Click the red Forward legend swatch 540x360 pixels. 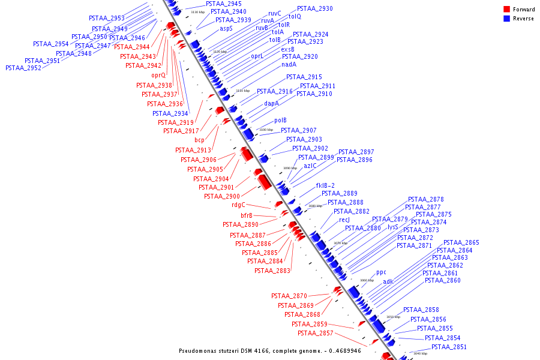click(x=507, y=9)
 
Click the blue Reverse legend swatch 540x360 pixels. click(x=507, y=18)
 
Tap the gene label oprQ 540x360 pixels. click(x=158, y=75)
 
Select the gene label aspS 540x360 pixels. click(x=226, y=28)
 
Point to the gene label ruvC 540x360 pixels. click(x=275, y=13)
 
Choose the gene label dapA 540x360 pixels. click(x=272, y=103)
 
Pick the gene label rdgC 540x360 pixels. click(x=239, y=205)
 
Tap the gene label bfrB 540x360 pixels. click(x=247, y=215)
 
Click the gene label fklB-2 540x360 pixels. click(x=326, y=185)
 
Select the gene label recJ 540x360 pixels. click(x=344, y=220)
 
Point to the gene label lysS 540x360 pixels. click(x=393, y=227)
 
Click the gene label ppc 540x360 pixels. click(x=381, y=272)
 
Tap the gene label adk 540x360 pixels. click(x=388, y=281)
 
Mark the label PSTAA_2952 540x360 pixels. click(x=23, y=68)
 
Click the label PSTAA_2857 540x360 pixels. click(x=316, y=333)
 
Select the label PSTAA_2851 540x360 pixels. click(x=449, y=347)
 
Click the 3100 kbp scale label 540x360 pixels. click(x=266, y=129)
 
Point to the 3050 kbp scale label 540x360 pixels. click(x=393, y=316)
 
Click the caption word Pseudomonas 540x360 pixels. click(x=200, y=350)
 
